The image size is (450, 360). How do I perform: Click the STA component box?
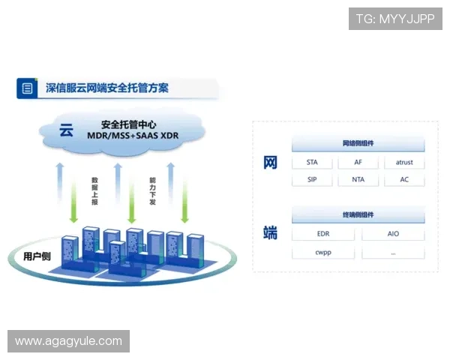(x=313, y=163)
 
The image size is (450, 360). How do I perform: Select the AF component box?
(x=358, y=163)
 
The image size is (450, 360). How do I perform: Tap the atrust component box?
(x=404, y=163)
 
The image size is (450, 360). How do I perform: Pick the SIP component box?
(x=313, y=180)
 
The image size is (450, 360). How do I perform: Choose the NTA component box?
(x=358, y=180)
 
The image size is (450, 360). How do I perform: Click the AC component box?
(x=404, y=180)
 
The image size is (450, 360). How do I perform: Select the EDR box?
(x=323, y=234)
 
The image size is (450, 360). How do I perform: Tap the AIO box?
(x=393, y=234)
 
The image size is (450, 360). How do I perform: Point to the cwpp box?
(x=323, y=252)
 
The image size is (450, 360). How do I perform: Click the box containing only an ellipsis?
(x=393, y=252)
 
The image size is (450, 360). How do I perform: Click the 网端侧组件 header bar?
(x=358, y=143)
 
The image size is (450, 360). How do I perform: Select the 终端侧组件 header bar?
(x=358, y=215)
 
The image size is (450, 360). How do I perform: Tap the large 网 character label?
(x=271, y=163)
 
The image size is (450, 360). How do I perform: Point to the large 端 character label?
(x=271, y=233)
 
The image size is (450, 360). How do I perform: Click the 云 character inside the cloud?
(x=66, y=130)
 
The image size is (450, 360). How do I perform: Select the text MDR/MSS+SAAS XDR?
(x=133, y=136)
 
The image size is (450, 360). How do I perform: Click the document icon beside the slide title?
(x=28, y=88)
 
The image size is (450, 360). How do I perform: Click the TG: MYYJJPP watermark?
(x=395, y=19)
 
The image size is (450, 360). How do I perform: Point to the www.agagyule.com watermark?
(x=68, y=341)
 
